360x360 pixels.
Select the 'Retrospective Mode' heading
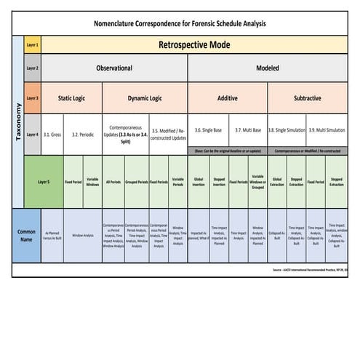point(194,45)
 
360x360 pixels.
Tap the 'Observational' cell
point(114,68)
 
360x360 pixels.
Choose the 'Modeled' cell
point(268,68)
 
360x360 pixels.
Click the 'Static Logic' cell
point(73,97)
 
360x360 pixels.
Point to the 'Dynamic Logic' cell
point(145,97)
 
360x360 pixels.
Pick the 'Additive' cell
point(228,97)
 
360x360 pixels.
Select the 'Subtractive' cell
point(307,97)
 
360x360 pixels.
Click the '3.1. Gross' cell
point(52,134)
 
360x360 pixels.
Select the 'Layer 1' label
point(32,45)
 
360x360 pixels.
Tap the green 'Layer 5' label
point(43,182)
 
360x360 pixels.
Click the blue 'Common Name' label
point(26,235)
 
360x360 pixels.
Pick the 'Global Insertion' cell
point(199,182)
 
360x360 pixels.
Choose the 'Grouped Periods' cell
point(136,182)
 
